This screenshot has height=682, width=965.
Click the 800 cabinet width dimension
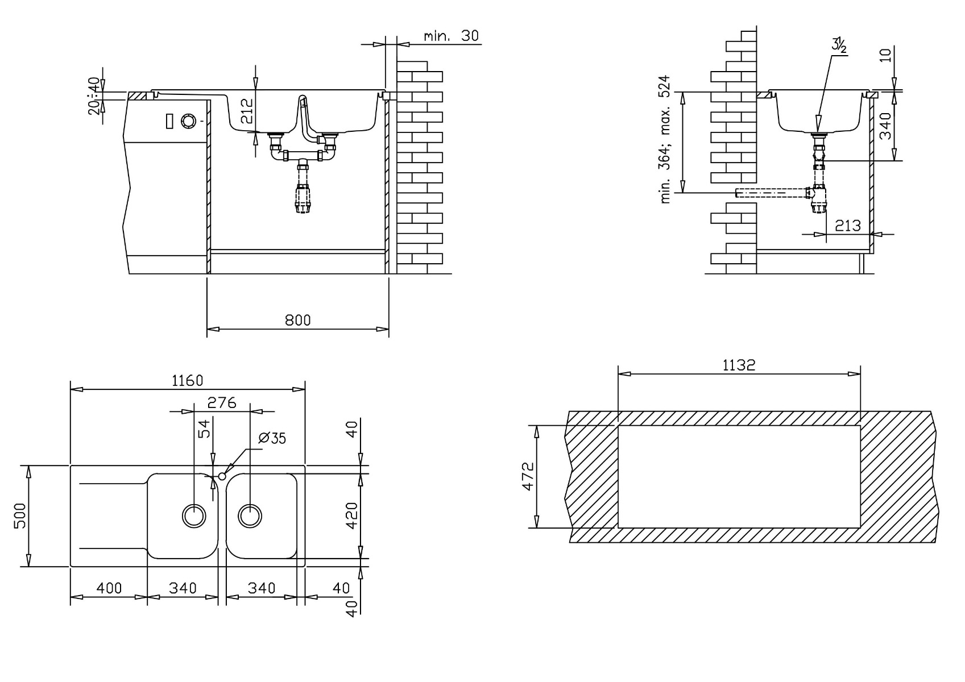[297, 321]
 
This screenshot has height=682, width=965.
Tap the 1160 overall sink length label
[187, 381]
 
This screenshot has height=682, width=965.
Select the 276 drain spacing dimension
[221, 403]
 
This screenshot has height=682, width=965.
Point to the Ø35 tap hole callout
[272, 438]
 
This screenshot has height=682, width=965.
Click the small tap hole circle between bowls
[222, 476]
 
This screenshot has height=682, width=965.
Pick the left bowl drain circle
[194, 515]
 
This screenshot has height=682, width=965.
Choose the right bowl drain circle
[250, 515]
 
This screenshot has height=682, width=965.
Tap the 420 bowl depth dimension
[353, 515]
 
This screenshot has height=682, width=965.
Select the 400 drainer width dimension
[108, 588]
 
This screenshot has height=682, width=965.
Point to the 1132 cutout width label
[739, 365]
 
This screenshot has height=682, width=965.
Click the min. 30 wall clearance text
[452, 36]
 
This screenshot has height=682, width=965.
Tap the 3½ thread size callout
[839, 45]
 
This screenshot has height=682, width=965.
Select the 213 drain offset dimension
[848, 226]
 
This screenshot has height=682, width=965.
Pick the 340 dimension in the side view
[885, 126]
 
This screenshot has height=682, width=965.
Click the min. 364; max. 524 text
[666, 139]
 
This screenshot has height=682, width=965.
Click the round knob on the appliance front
[188, 120]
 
